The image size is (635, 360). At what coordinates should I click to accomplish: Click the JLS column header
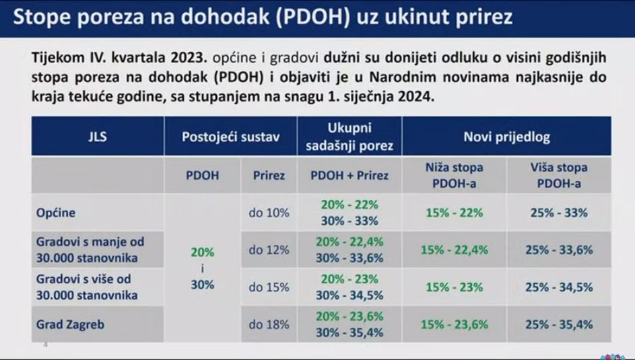(98, 137)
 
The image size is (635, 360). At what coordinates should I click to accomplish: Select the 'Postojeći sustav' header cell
(230, 137)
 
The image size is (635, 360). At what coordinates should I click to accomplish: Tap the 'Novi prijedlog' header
(506, 137)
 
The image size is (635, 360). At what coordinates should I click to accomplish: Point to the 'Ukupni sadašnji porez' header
(349, 137)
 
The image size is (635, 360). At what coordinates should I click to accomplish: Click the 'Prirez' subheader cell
(269, 175)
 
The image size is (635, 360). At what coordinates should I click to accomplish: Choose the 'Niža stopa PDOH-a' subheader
(454, 175)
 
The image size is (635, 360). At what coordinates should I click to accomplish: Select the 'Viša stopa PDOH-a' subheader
(559, 175)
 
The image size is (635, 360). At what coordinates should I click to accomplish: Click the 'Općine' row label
(56, 213)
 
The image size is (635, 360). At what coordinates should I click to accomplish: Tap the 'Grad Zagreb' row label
(70, 324)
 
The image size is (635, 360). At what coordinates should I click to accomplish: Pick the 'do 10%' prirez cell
(269, 213)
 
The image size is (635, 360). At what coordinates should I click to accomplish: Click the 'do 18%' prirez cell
(269, 324)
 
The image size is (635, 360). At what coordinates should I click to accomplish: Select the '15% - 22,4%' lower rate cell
(454, 250)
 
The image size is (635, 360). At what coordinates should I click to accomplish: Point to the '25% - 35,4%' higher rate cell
(559, 324)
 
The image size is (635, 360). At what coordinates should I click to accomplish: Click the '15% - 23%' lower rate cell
(454, 287)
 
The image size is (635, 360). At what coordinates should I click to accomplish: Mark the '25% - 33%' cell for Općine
(559, 213)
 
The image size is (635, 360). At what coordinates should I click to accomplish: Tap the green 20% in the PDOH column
(203, 252)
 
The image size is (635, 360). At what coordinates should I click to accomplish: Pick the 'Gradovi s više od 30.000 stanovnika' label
(87, 287)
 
